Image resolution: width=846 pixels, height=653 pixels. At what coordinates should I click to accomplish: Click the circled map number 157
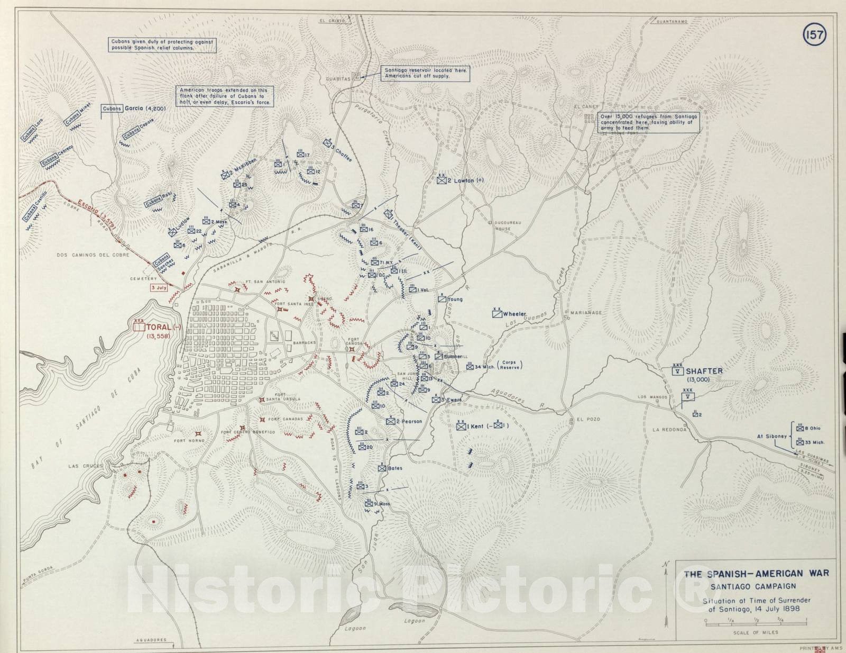(815, 35)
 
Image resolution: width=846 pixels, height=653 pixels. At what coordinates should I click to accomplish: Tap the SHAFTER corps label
(704, 371)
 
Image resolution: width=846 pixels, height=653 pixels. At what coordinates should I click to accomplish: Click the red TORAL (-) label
(163, 327)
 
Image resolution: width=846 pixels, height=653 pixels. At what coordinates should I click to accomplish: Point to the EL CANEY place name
(586, 106)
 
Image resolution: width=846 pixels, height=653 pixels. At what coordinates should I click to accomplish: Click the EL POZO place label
(588, 419)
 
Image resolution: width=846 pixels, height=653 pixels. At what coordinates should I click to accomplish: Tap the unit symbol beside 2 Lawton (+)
(442, 180)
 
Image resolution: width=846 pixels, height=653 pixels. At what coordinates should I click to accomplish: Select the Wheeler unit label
(514, 314)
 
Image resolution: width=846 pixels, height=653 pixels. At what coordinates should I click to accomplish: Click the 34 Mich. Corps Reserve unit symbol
(470, 366)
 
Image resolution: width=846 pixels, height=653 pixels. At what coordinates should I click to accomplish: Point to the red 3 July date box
(159, 288)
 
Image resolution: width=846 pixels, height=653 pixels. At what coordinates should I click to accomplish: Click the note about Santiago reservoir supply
(425, 73)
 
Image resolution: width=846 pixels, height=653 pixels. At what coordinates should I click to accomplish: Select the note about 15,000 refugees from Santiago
(649, 122)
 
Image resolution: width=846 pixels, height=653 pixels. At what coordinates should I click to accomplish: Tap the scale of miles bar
(756, 624)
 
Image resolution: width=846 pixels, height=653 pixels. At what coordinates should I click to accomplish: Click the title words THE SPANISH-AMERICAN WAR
(756, 574)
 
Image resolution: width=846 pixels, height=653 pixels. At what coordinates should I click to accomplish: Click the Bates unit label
(394, 468)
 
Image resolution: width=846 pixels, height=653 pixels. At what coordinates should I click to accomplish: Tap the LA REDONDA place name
(669, 430)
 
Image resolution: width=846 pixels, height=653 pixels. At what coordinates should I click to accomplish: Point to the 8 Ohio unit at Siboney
(812, 428)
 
